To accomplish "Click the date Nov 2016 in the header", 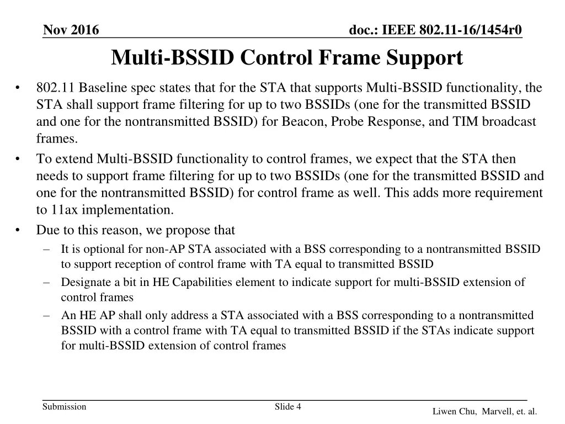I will [71, 30].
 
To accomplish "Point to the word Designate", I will [86, 283].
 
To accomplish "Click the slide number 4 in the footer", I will [298, 407].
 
